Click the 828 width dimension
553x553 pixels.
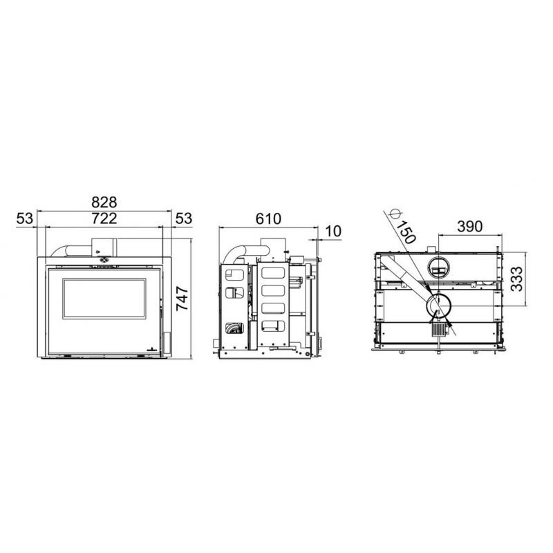tap(104, 203)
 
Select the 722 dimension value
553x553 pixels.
tap(104, 218)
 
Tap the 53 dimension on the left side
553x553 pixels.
tap(25, 218)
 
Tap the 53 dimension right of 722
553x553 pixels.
tap(184, 218)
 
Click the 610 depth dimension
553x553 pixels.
tap(268, 218)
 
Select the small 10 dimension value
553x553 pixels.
tap(333, 232)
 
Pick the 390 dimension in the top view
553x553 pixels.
tap(470, 227)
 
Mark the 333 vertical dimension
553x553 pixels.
tap(517, 279)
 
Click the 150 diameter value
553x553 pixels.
tap(406, 233)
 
